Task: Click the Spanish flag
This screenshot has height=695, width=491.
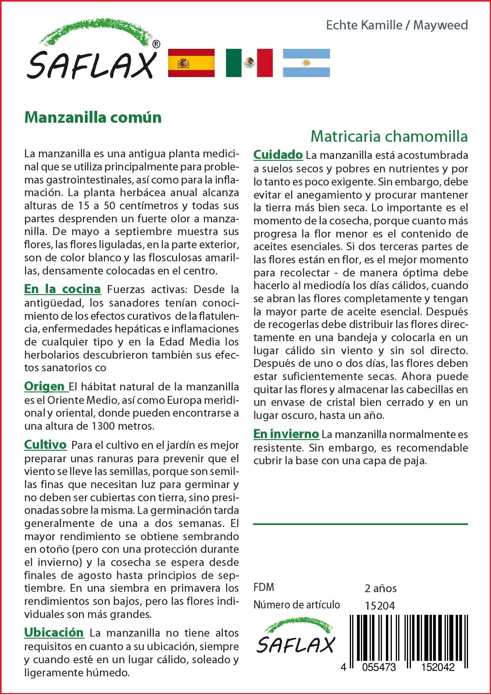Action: (191, 63)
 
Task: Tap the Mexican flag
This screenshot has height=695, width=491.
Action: (249, 63)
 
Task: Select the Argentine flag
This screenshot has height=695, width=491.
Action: (306, 63)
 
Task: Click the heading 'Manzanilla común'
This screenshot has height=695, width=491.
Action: (93, 118)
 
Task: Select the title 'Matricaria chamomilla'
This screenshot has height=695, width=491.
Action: (389, 136)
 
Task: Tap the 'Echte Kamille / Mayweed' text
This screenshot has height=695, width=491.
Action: (397, 25)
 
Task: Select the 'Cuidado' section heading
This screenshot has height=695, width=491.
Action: (278, 154)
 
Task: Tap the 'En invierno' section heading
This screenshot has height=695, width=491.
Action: (286, 434)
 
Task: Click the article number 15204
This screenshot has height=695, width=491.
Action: (380, 605)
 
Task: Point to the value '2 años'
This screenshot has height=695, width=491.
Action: (380, 588)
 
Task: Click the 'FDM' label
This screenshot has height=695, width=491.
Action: (264, 587)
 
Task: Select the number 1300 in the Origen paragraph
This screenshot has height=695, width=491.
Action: (104, 426)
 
